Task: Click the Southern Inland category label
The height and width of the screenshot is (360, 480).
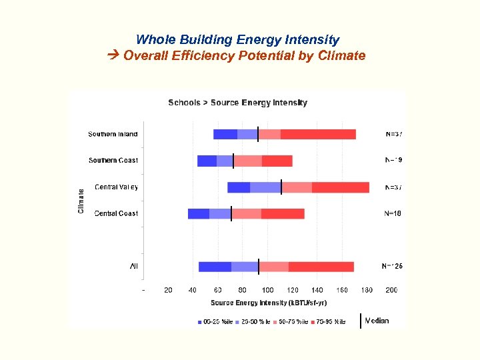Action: tap(113, 134)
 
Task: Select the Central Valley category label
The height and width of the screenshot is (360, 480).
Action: tap(116, 187)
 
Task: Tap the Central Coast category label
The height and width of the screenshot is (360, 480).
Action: tap(116, 213)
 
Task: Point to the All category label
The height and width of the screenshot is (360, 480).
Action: tap(134, 267)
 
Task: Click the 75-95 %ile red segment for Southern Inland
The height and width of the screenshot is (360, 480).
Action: tap(318, 134)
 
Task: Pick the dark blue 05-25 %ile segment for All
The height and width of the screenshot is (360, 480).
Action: tap(215, 267)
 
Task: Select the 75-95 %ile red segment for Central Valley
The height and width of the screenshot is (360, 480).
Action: tap(340, 187)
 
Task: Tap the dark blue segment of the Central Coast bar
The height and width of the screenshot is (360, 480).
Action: tap(199, 213)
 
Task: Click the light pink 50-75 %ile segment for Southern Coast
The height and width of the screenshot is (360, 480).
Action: tap(248, 161)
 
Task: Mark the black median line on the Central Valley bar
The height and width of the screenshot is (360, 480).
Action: tap(281, 187)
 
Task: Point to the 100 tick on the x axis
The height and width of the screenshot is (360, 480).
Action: tap(267, 290)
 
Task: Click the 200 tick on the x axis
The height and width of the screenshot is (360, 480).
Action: tap(392, 290)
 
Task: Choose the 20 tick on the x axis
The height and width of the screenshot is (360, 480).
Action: tap(168, 290)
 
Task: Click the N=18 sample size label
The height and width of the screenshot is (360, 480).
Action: tap(393, 213)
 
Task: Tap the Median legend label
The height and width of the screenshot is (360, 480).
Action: tap(377, 321)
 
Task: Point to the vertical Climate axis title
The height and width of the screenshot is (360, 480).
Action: tap(81, 201)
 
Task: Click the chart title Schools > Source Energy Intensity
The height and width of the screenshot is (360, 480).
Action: tap(237, 103)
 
